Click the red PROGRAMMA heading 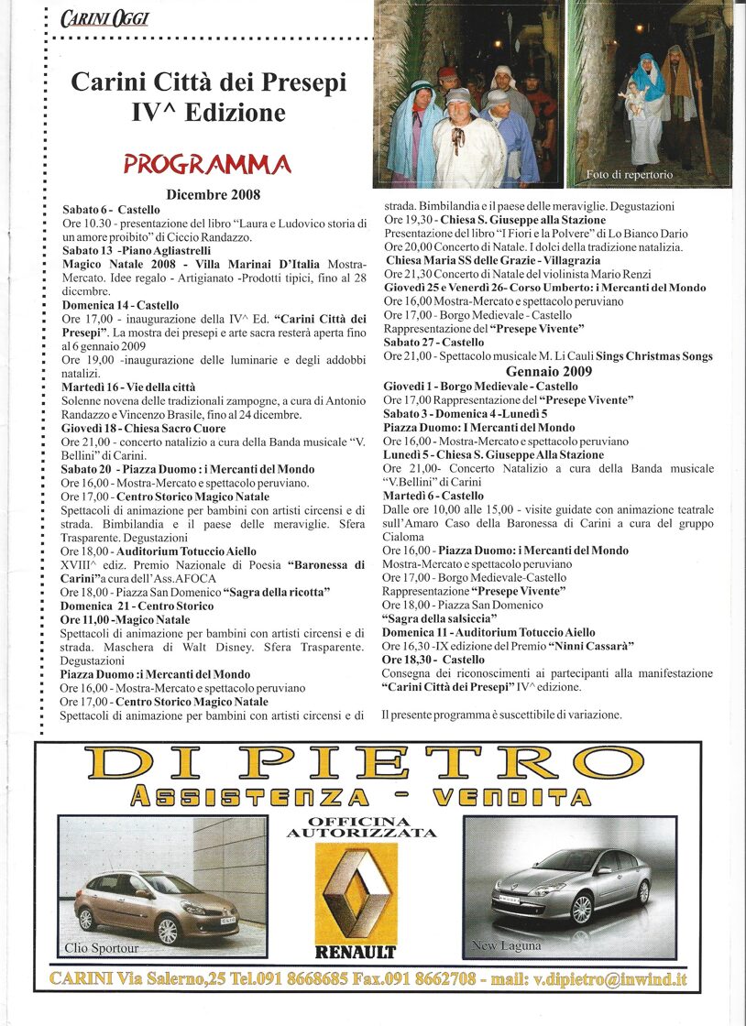(x=207, y=165)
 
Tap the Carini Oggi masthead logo (x=104, y=18)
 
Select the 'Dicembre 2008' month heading (x=214, y=194)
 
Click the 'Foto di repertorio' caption (x=630, y=174)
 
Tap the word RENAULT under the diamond (x=356, y=952)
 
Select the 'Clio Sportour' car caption (x=101, y=947)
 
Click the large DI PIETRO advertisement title (x=361, y=763)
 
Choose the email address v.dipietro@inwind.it (x=610, y=978)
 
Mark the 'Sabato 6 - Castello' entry (x=111, y=210)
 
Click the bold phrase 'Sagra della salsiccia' (x=442, y=618)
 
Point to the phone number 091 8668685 (x=298, y=978)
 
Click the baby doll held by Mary (x=631, y=95)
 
